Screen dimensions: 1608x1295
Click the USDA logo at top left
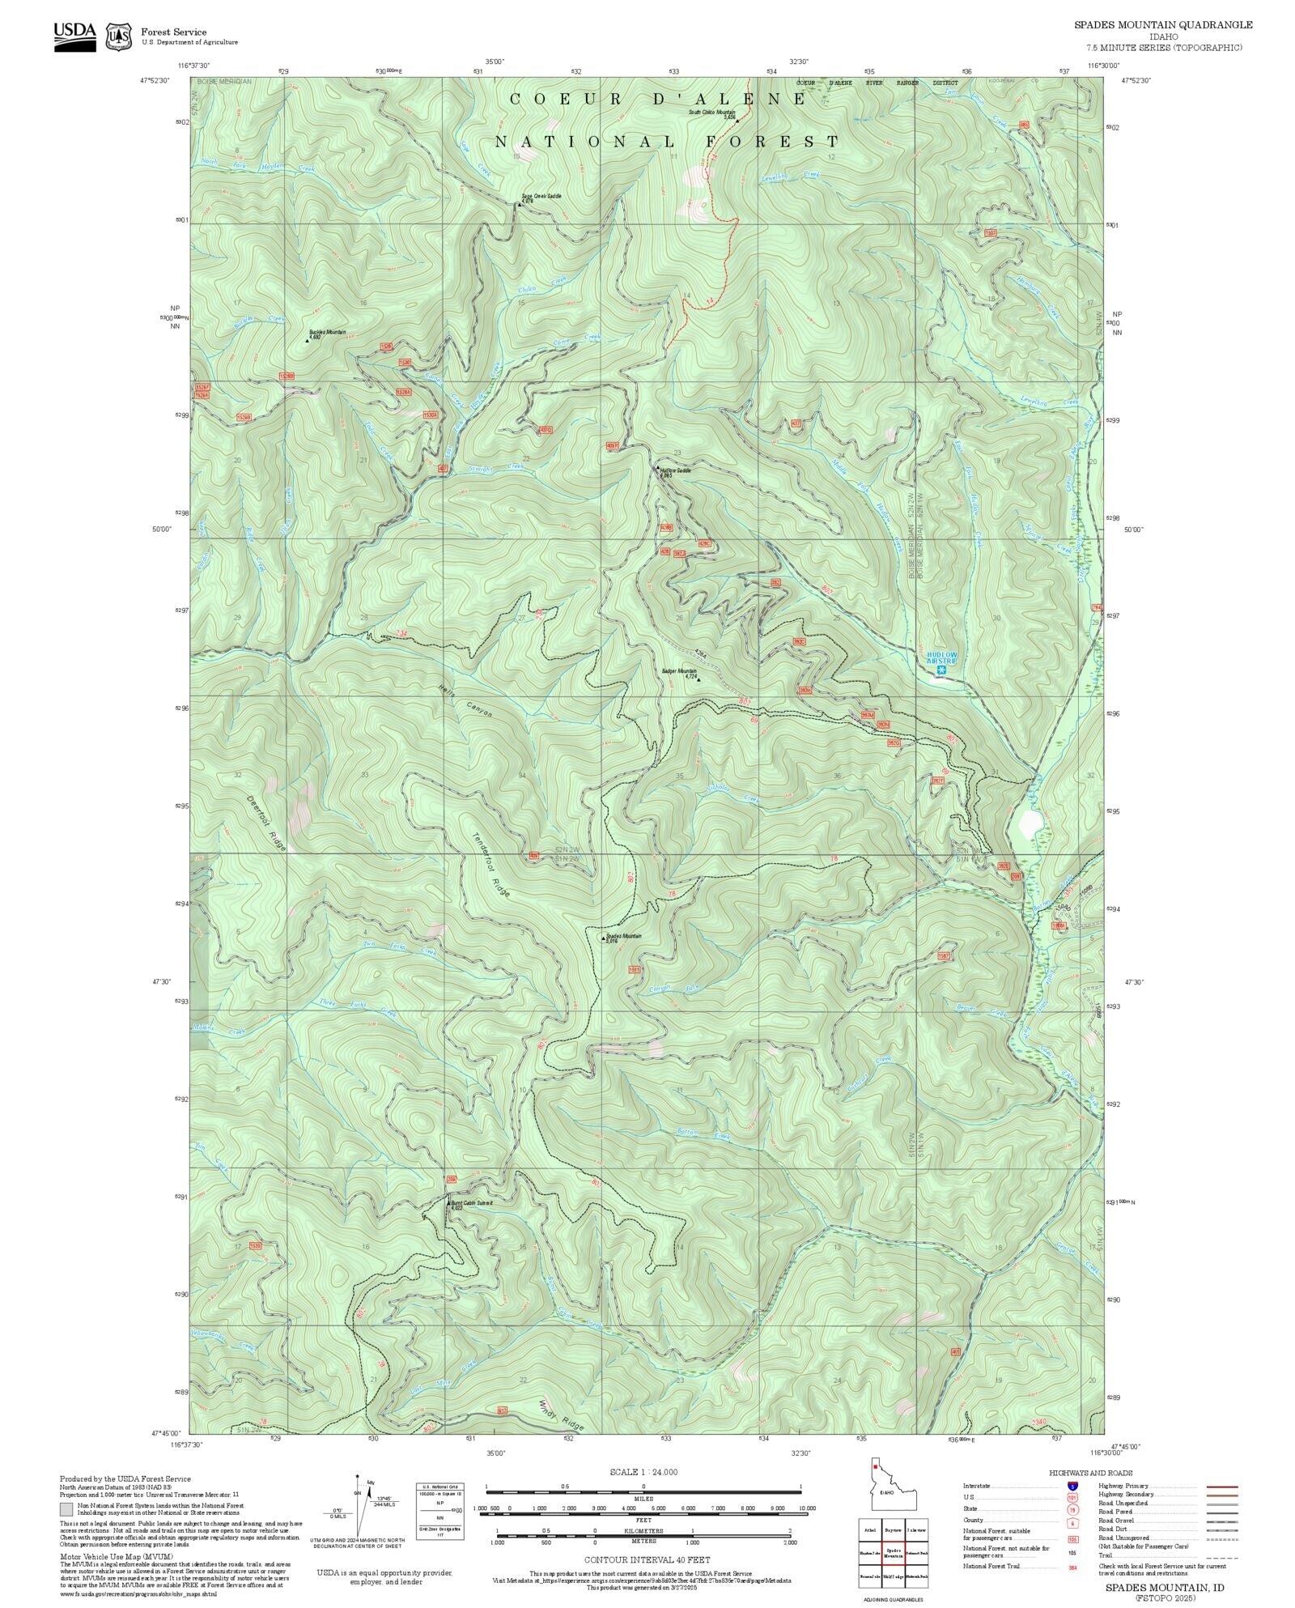[74, 36]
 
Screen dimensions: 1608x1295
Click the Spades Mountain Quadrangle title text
[1163, 25]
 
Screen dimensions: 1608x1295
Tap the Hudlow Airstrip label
[941, 657]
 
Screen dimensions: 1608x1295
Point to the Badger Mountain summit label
[679, 673]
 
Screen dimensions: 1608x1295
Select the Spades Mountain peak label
[622, 937]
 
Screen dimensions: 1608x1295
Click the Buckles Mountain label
[327, 333]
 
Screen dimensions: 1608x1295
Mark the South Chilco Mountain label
[712, 113]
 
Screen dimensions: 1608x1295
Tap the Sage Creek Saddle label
[541, 197]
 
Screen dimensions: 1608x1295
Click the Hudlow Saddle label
[675, 471]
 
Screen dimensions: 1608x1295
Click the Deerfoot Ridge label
[267, 821]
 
